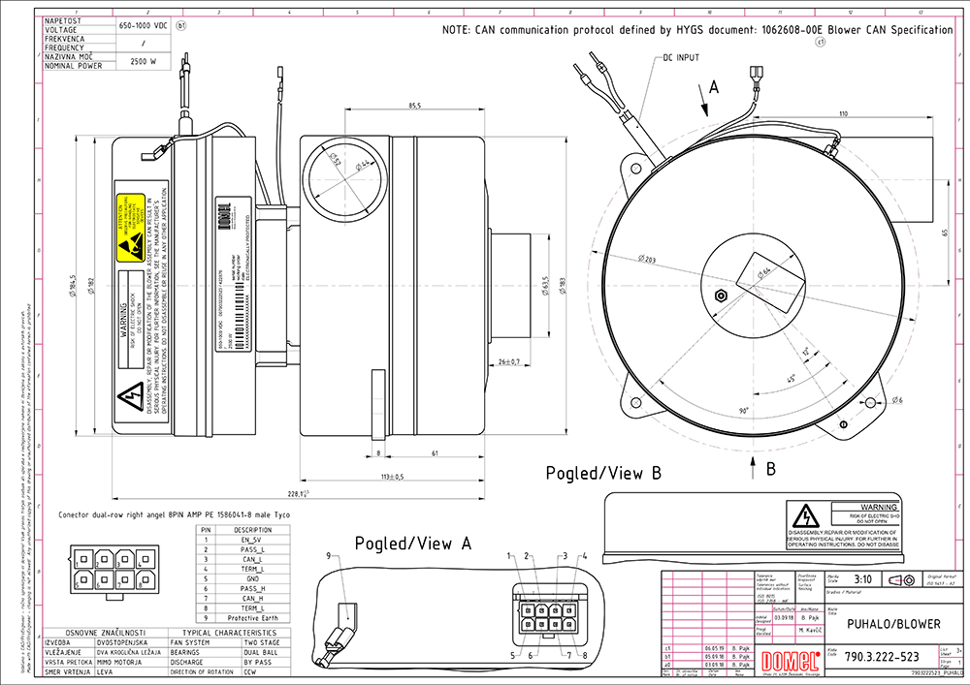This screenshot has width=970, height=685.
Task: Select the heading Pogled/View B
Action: (604, 474)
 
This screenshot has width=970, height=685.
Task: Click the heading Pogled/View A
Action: (413, 544)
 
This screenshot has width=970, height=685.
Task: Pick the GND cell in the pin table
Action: (253, 578)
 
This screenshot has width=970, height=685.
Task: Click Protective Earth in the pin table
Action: (253, 618)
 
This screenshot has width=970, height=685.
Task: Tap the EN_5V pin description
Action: (253, 540)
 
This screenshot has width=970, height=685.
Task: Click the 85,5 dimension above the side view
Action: (414, 106)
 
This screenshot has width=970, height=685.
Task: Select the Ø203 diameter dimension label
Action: (649, 260)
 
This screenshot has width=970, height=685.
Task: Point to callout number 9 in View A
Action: (328, 555)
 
